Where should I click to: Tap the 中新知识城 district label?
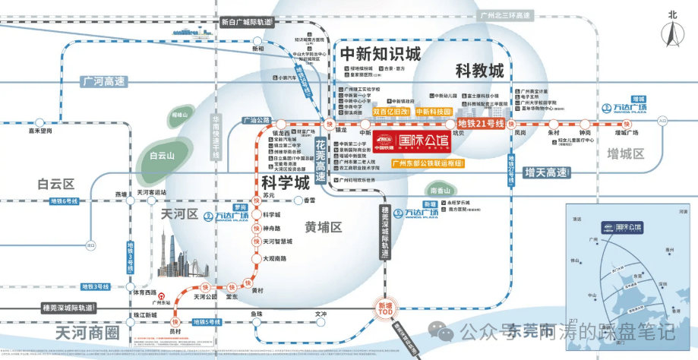[380, 55]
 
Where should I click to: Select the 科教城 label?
[479, 71]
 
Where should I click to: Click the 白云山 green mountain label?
[162, 156]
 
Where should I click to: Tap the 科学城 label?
[285, 182]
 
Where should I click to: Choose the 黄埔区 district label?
[324, 227]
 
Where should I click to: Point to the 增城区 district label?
[625, 154]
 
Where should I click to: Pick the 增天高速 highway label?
[546, 173]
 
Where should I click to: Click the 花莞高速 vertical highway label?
[321, 160]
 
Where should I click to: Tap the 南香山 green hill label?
[440, 190]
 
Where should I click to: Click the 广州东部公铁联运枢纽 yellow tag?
[428, 163]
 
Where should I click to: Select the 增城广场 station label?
[627, 132]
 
